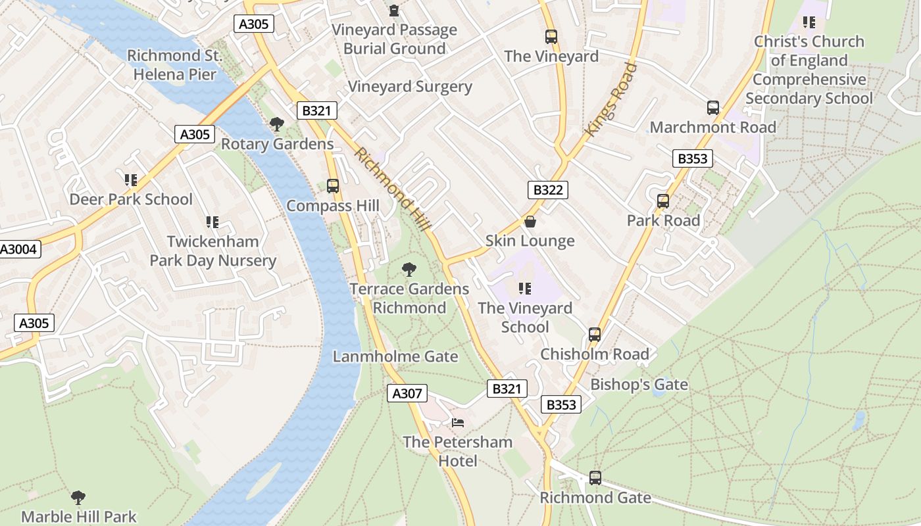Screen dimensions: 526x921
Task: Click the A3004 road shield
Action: coord(19,249)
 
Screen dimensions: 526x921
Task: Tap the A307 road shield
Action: coord(407,393)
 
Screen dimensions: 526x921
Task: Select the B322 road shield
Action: coord(547,190)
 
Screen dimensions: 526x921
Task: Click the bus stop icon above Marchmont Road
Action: coord(712,108)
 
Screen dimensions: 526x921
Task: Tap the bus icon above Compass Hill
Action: coord(333,186)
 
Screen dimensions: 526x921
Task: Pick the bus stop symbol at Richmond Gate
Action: coord(595,478)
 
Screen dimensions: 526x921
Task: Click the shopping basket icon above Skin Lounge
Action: coord(530,222)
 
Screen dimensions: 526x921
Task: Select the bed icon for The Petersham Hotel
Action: coord(458,422)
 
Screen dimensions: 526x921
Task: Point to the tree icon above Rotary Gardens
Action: coord(277,124)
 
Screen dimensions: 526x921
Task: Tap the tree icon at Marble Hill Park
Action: coord(78,497)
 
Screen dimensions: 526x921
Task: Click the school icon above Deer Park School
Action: coord(130,179)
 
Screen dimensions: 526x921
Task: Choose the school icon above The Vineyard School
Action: coord(524,288)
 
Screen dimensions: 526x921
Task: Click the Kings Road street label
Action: coord(611,99)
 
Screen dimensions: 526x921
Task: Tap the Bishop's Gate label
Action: coord(639,385)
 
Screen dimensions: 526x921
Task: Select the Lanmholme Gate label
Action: coord(395,356)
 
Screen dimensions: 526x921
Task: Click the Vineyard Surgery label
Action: coord(409,87)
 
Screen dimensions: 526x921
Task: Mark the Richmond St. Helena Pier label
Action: coord(174,65)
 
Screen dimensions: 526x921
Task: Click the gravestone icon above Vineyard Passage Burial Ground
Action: coord(393,11)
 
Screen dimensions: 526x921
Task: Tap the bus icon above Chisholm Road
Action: coord(595,335)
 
